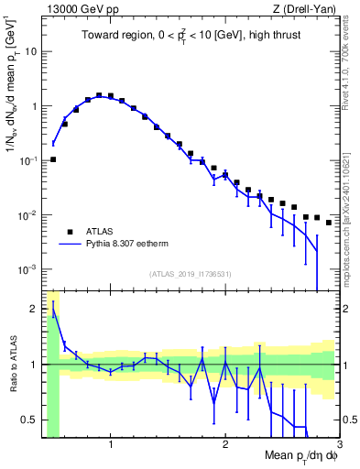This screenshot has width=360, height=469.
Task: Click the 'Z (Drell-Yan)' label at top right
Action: click(x=307, y=9)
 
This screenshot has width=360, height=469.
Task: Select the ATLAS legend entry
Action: click(x=101, y=232)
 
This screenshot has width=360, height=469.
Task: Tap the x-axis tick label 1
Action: click(x=111, y=445)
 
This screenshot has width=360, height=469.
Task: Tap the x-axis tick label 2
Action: click(x=225, y=445)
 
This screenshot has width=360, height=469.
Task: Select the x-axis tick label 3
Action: click(x=338, y=445)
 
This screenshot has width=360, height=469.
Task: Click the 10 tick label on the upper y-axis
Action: click(x=29, y=51)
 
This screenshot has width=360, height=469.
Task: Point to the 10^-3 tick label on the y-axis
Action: click(x=27, y=270)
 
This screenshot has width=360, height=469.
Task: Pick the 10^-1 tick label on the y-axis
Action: click(x=27, y=160)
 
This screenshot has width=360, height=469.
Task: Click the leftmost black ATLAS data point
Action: click(x=53, y=159)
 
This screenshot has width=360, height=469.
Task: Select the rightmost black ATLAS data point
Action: click(x=329, y=223)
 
